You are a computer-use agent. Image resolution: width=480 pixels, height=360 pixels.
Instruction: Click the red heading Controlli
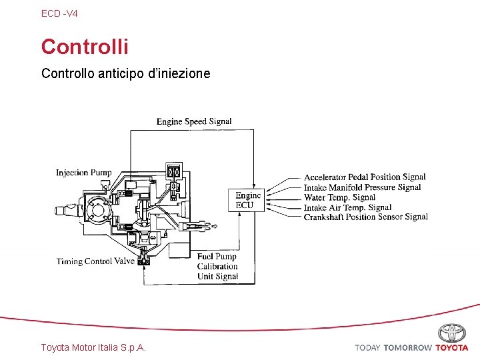coord(85,47)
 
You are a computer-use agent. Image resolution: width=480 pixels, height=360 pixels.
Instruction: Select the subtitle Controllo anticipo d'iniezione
coord(125,73)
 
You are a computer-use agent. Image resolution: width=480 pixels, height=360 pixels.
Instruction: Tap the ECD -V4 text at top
coord(59,13)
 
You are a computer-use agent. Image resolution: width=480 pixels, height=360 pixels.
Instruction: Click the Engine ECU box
coord(248,200)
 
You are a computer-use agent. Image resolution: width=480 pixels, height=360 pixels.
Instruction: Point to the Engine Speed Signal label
coord(194,121)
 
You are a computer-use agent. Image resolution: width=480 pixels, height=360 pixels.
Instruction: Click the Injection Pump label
coord(84,173)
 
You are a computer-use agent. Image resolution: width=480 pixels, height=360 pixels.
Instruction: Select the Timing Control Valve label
coord(95,261)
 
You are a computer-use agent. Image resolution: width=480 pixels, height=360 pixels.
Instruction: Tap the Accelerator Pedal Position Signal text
coord(365,177)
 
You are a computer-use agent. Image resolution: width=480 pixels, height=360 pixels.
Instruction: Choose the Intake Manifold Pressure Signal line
coord(362,187)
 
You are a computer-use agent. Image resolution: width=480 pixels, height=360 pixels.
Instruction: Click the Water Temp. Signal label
coord(339,197)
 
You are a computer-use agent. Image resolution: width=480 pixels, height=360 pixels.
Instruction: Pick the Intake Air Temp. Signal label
coord(347,207)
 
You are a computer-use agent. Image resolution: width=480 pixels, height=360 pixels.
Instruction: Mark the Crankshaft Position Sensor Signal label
coord(365,217)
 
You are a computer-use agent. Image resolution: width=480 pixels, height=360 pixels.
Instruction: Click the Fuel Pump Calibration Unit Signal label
coord(217,267)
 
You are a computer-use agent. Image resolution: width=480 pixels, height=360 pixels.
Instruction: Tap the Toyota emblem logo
coord(452,333)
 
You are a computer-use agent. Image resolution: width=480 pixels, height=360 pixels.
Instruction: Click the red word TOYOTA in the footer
coord(452,348)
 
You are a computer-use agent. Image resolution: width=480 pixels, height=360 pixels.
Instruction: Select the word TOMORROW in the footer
coord(407,348)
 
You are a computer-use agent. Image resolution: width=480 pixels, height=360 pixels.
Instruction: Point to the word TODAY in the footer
coord(367,348)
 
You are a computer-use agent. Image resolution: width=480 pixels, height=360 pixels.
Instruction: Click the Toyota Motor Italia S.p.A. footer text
coord(93,347)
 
